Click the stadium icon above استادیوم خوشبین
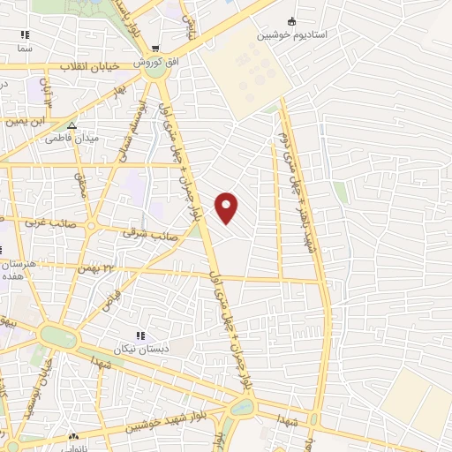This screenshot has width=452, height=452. pos(292,22)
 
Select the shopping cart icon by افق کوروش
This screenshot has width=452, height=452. pos(155,49)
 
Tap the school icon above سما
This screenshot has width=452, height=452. pos(25,36)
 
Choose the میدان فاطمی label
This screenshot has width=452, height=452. pos(74,139)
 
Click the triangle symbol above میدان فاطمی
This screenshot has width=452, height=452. pos(73,124)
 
